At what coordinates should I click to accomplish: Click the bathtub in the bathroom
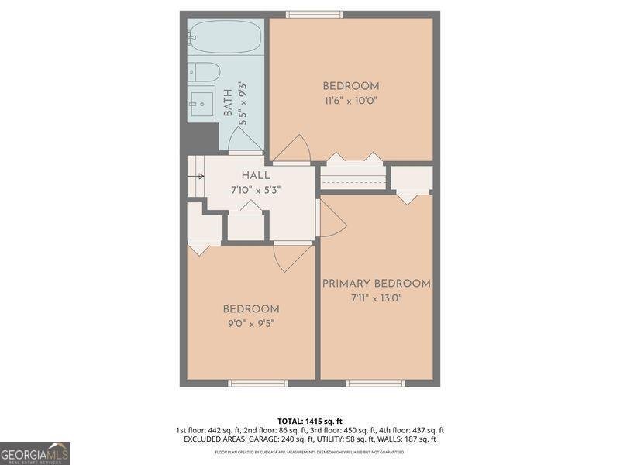(226, 36)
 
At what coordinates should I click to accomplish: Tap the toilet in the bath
(204, 73)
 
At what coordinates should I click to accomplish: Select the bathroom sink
(202, 103)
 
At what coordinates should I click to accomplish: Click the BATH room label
(228, 103)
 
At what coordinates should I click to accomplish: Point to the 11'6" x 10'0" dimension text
(350, 101)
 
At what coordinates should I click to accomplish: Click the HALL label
(255, 176)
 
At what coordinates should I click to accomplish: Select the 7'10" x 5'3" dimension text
(255, 190)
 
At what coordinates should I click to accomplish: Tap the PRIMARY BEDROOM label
(377, 284)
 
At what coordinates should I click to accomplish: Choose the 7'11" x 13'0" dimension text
(377, 298)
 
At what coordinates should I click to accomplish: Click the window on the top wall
(315, 14)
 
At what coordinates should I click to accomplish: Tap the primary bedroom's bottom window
(375, 383)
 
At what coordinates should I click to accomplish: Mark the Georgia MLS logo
(35, 453)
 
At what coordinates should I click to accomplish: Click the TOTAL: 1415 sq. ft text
(310, 421)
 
